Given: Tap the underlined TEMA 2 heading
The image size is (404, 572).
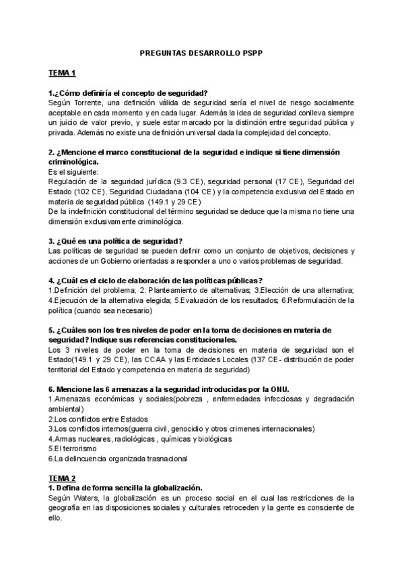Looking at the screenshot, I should point(63,478).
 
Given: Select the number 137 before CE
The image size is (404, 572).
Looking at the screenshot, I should point(258,360).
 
